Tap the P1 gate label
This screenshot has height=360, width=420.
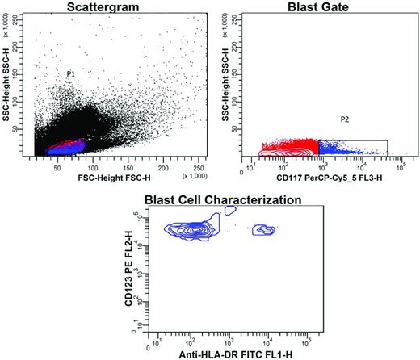tap(71, 73)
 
